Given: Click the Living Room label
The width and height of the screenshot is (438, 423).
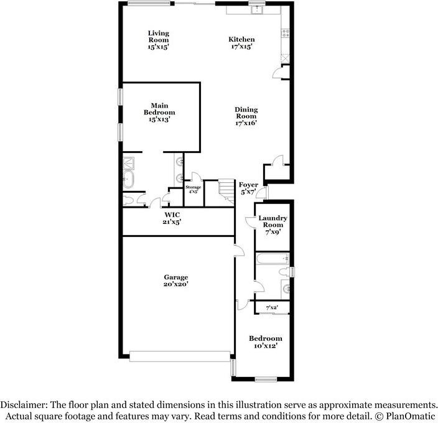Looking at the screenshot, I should (x=159, y=40).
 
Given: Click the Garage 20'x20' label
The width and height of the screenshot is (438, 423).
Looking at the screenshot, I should (x=176, y=281).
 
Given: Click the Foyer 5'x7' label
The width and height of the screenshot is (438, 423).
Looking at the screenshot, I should (x=248, y=188).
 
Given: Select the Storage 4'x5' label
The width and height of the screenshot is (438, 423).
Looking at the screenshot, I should (x=193, y=189).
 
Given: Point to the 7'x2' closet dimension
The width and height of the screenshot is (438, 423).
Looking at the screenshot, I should (x=272, y=308).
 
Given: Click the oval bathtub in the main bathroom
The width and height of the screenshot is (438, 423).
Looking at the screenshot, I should (x=129, y=180).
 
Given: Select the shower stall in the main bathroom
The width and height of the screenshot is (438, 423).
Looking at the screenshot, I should (x=128, y=164).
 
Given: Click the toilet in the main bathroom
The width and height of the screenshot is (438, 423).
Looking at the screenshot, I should (x=128, y=200).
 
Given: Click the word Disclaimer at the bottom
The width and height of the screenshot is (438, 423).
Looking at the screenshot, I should (x=23, y=404).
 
